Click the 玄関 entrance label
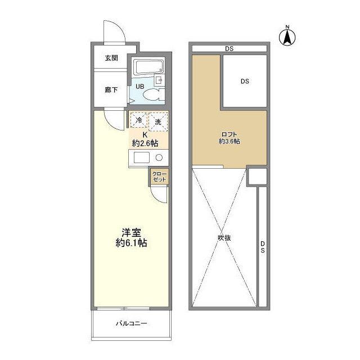[x=111, y=58]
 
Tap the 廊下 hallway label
[x=111, y=90]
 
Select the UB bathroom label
[x=140, y=87]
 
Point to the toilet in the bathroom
[x=152, y=95]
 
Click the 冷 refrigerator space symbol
[x=139, y=120]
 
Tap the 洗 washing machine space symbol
[x=158, y=121]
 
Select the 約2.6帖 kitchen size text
[x=145, y=143]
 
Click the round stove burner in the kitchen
[x=159, y=157]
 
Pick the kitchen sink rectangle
[x=142, y=157]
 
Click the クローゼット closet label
[x=159, y=177]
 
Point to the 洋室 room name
[x=131, y=232]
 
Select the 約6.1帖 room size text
[x=131, y=243]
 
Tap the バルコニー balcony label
[x=131, y=324]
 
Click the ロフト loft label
[x=229, y=134]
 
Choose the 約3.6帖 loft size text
[x=229, y=141]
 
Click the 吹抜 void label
[x=224, y=238]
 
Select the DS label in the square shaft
[x=245, y=81]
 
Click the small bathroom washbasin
[x=159, y=80]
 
